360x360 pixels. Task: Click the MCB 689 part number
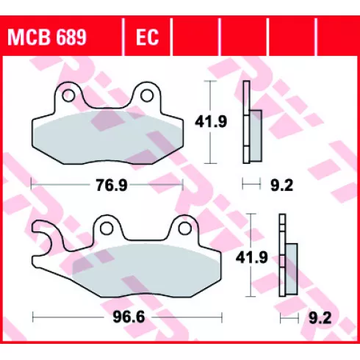(47, 37)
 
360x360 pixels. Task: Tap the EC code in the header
(148, 37)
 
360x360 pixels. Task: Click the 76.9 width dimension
(112, 185)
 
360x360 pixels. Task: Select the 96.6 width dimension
(129, 317)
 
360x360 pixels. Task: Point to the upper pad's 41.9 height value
(211, 122)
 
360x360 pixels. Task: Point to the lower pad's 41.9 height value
(252, 258)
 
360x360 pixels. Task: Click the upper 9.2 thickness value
(281, 185)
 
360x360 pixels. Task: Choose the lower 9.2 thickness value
(320, 318)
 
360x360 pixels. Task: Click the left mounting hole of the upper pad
(68, 96)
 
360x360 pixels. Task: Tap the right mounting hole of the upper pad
(147, 96)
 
